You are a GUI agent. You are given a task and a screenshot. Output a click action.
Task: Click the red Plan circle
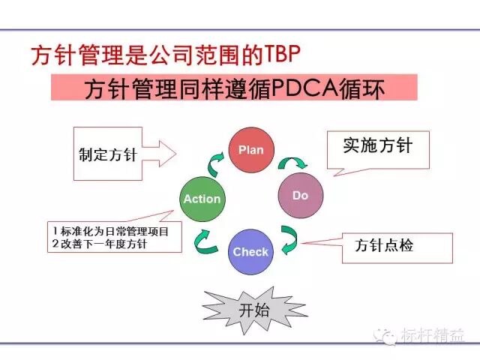pos(250,149)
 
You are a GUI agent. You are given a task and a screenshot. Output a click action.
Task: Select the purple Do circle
pos(300,195)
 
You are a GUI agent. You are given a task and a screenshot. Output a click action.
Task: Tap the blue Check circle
pos(250,251)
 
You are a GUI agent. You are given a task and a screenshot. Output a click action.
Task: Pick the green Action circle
pos(202,199)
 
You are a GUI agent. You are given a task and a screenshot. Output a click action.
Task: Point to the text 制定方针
pos(107,154)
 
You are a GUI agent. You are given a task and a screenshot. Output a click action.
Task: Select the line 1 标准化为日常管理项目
pos(111,230)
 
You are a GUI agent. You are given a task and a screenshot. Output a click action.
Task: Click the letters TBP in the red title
pos(286,54)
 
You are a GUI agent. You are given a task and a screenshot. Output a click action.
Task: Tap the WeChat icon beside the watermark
pos(389,334)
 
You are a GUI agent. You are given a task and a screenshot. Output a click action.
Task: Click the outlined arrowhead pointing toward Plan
pos(165,154)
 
